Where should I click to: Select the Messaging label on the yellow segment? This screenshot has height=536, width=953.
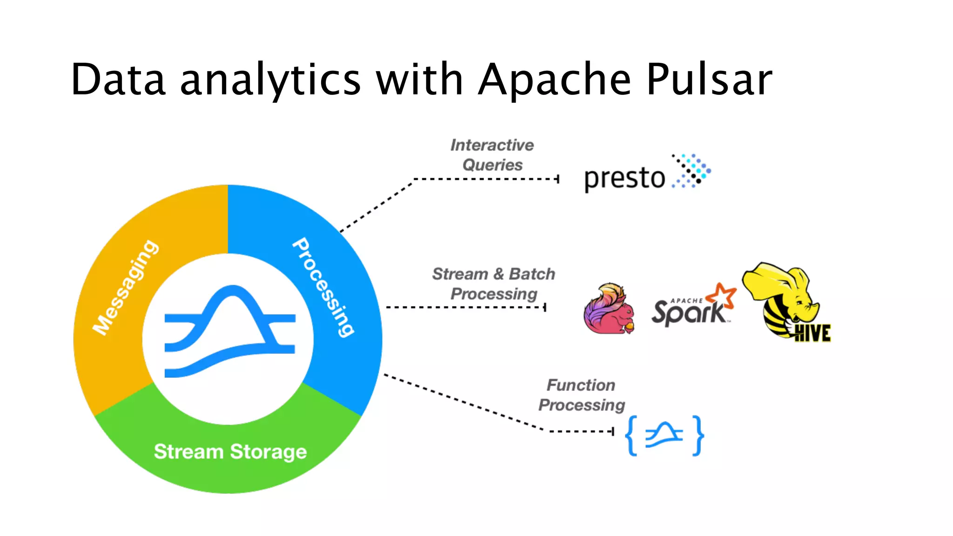[x=125, y=287]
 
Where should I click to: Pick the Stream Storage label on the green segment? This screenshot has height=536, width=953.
[x=230, y=452]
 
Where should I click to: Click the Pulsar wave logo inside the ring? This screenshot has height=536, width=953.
[x=230, y=331]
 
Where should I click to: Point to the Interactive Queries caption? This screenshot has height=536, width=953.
[x=492, y=155]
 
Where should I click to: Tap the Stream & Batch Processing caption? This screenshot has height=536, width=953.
[x=494, y=284]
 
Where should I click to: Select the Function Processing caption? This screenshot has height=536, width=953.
[x=582, y=395]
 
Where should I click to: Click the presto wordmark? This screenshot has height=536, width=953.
[x=624, y=178]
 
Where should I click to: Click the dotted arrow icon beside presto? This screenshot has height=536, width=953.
[x=691, y=171]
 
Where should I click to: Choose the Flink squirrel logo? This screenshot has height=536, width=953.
[x=609, y=308]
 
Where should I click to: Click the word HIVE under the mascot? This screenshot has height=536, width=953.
[x=812, y=333]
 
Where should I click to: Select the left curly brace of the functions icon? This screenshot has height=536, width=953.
[x=631, y=435]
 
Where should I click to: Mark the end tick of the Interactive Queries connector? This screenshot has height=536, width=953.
[x=558, y=179]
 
